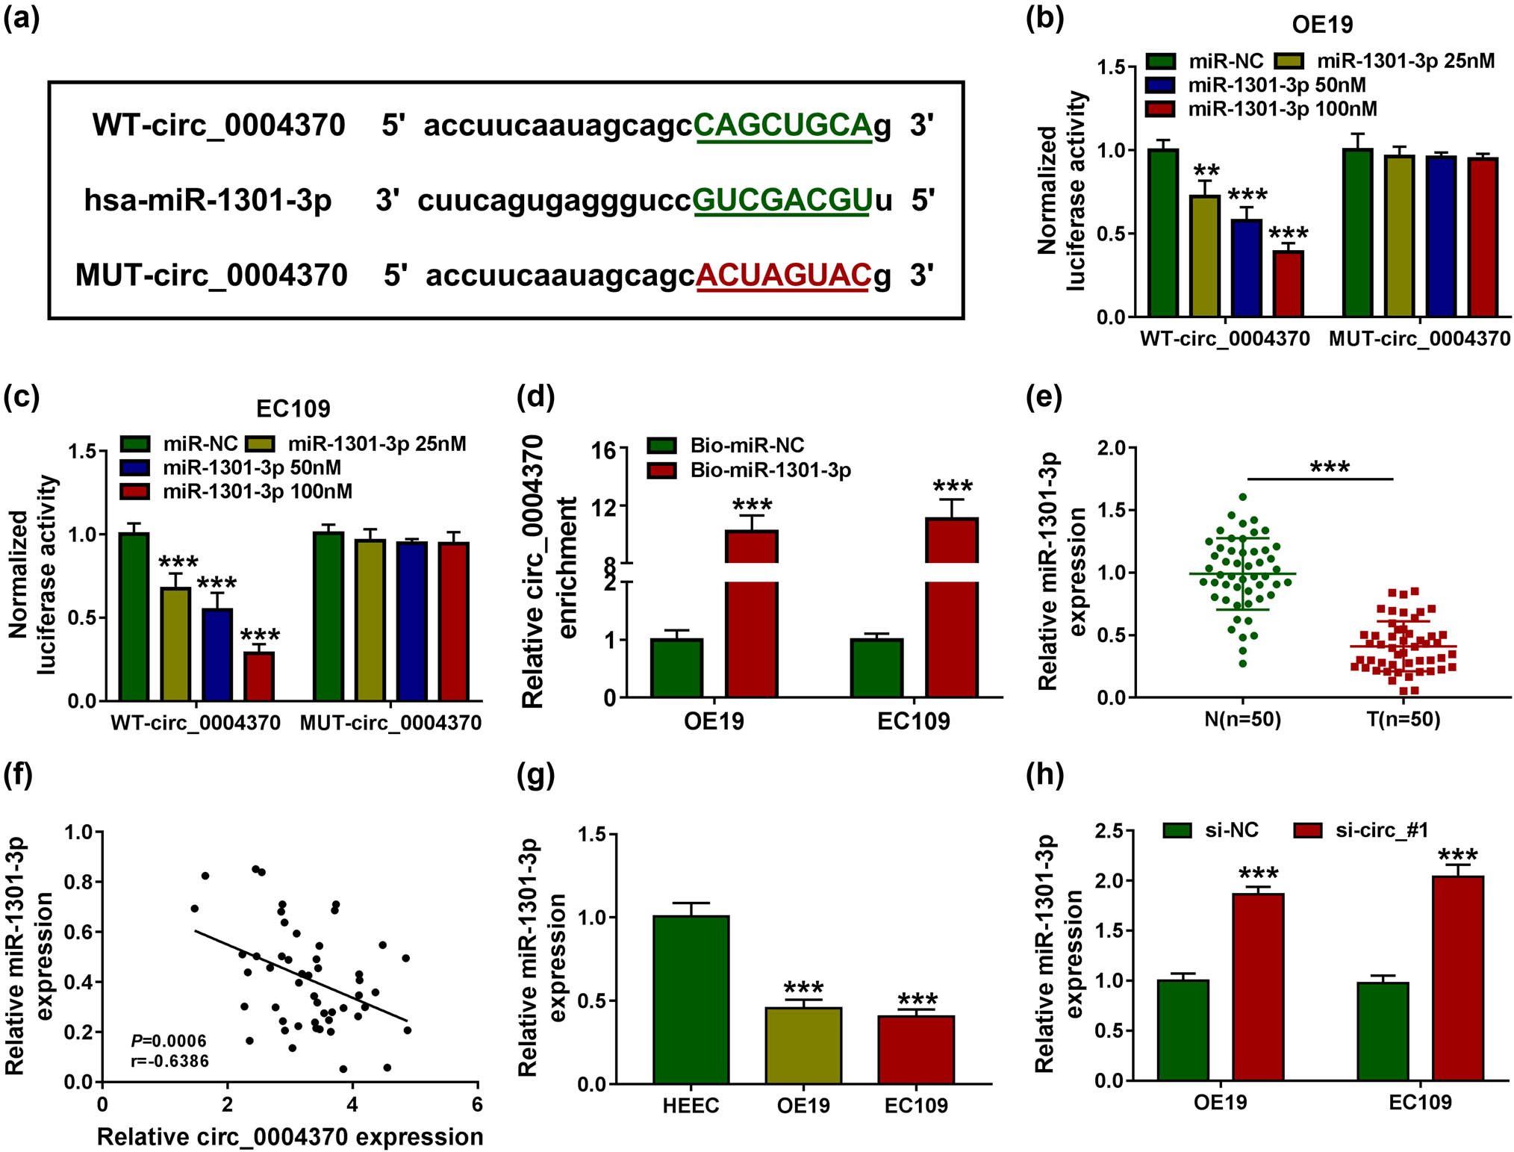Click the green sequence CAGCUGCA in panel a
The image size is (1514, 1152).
click(x=782, y=125)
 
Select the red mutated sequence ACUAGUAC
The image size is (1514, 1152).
click(x=783, y=275)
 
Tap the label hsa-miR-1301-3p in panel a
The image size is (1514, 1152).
click(x=208, y=200)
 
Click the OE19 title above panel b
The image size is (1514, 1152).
click(x=1322, y=25)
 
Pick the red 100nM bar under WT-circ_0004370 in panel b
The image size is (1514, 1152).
click(x=1288, y=284)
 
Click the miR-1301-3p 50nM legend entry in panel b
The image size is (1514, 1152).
click(x=1277, y=85)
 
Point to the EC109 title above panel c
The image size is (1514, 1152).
click(x=293, y=408)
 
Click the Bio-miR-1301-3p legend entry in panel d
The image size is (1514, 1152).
click(x=770, y=470)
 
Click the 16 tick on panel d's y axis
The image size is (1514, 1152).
click(x=604, y=450)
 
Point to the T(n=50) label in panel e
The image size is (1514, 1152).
click(x=1403, y=720)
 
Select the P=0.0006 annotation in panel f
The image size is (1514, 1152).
click(x=169, y=1041)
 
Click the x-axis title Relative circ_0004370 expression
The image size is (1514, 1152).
click(x=290, y=1136)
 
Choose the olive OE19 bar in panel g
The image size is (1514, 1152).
click(x=803, y=1045)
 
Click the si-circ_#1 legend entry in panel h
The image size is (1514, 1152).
click(x=1381, y=830)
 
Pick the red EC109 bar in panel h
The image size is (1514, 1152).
click(x=1457, y=977)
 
